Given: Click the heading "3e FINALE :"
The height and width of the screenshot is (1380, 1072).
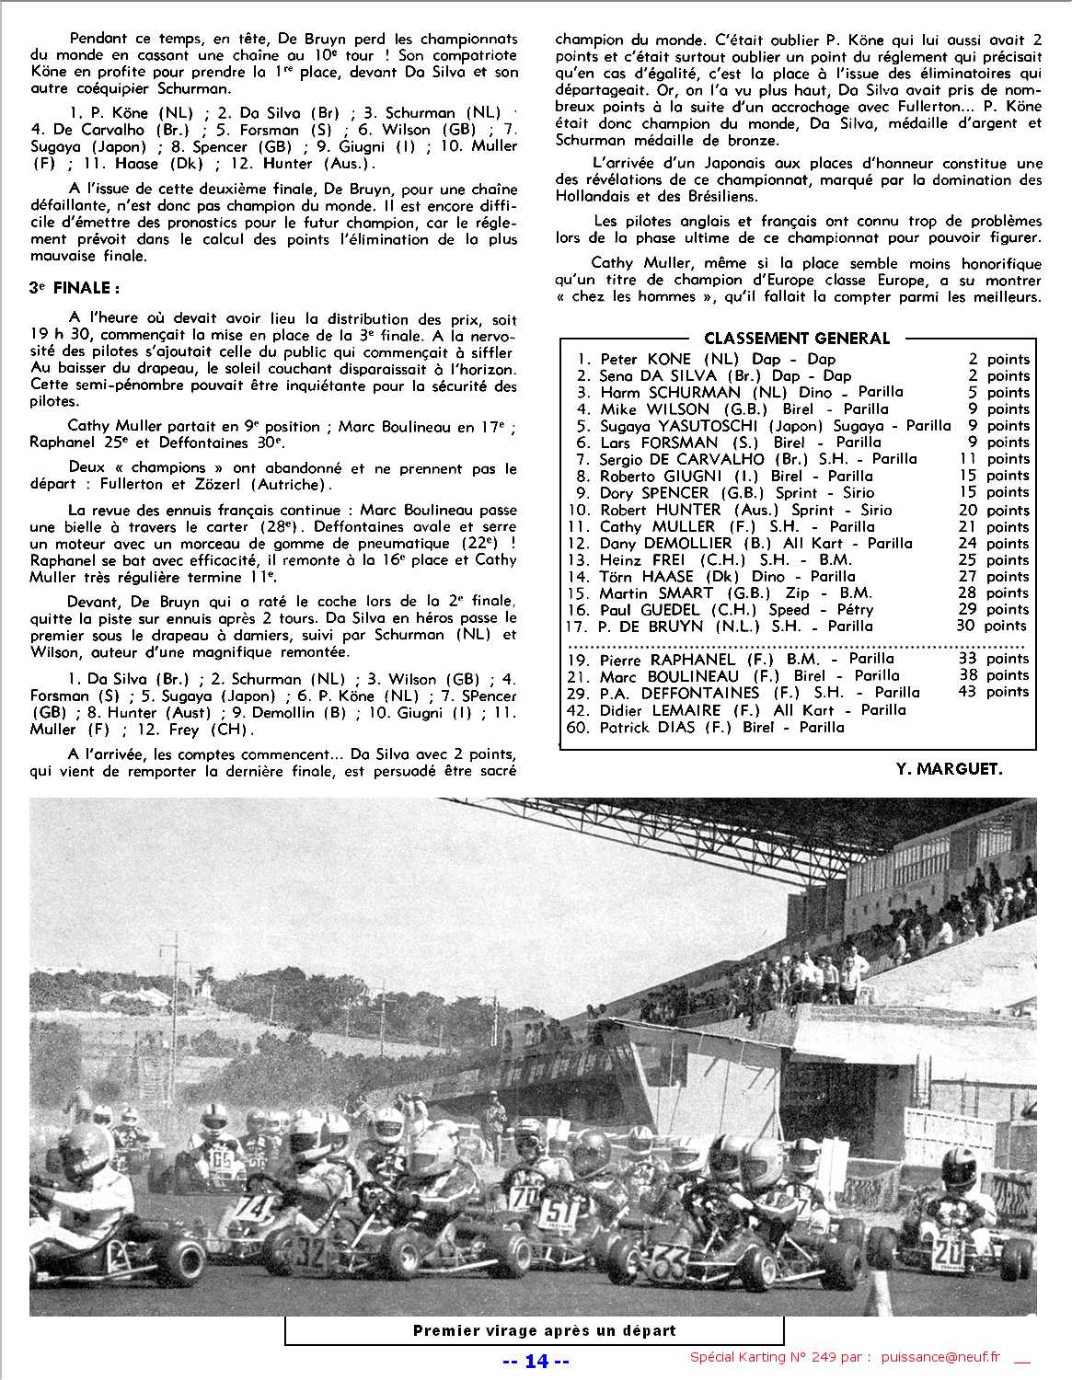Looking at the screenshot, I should [75, 288].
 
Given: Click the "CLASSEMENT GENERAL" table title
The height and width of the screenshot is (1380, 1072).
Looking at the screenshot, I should [797, 338].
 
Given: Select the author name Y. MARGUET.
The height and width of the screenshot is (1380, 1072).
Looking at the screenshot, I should [948, 768].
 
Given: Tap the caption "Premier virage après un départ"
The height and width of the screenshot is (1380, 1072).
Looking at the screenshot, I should [544, 1330].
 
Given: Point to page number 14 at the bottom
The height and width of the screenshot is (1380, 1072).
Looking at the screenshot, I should [536, 1361].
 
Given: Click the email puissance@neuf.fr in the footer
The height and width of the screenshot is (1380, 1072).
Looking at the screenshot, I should [939, 1358].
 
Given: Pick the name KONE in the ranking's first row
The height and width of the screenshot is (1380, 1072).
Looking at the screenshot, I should [669, 359].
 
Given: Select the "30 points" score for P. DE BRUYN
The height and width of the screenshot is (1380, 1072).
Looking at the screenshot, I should [991, 626].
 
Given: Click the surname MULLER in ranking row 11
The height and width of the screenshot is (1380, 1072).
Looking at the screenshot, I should [684, 526].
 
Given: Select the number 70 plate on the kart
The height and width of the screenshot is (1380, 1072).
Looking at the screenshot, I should [524, 1196].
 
